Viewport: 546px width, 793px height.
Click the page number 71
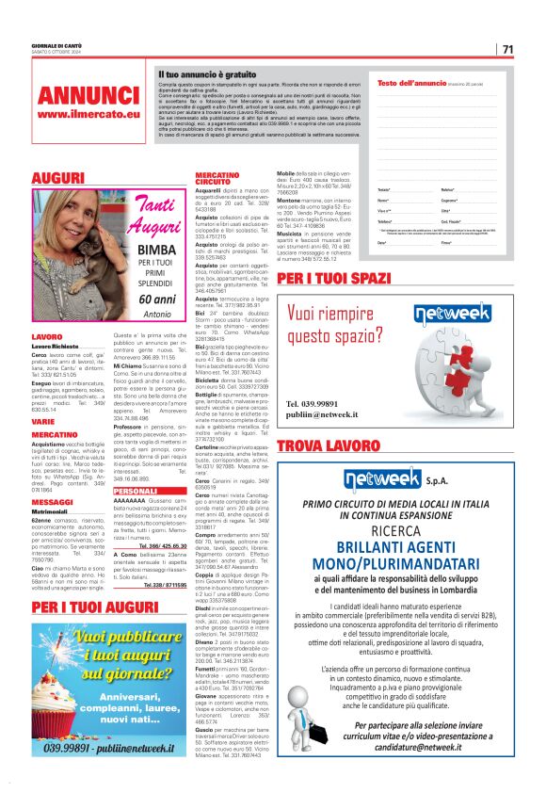(x=507, y=49)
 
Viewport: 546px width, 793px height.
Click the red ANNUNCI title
(x=88, y=95)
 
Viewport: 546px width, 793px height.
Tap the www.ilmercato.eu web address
(x=88, y=115)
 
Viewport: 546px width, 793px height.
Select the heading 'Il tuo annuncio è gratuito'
(x=207, y=73)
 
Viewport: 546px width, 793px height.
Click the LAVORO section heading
(x=47, y=336)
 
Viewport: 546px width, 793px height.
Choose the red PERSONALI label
(x=135, y=491)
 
